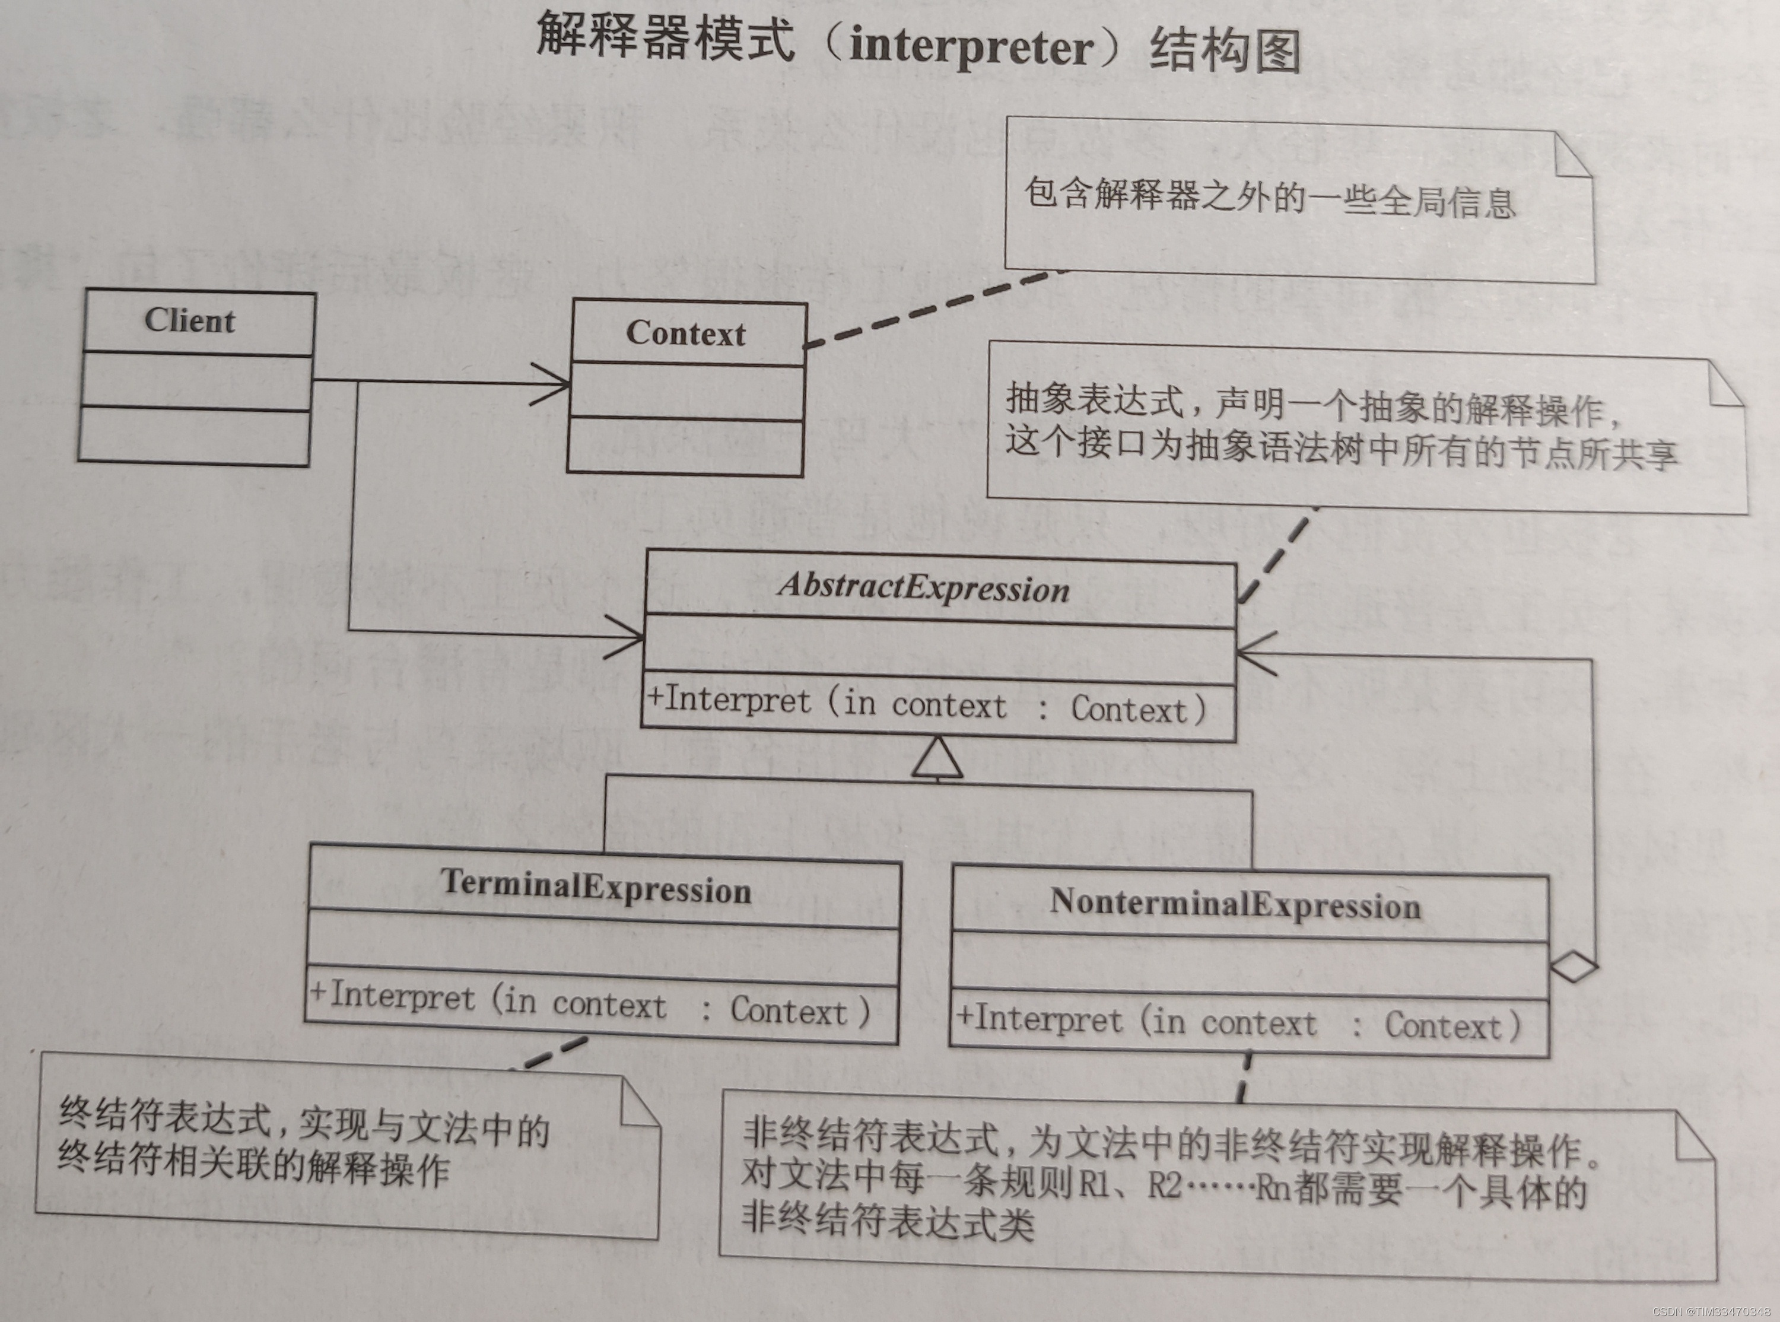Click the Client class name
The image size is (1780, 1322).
(x=190, y=321)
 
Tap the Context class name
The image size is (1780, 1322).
(x=686, y=333)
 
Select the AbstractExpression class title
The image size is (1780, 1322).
(x=924, y=587)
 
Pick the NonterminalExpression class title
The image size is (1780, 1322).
(x=1235, y=904)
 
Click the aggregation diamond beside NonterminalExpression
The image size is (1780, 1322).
(x=1574, y=967)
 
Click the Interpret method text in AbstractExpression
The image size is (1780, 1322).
(x=926, y=705)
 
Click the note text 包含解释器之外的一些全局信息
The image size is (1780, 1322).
(x=1270, y=198)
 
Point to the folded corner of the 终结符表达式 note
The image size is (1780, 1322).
(x=640, y=1104)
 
